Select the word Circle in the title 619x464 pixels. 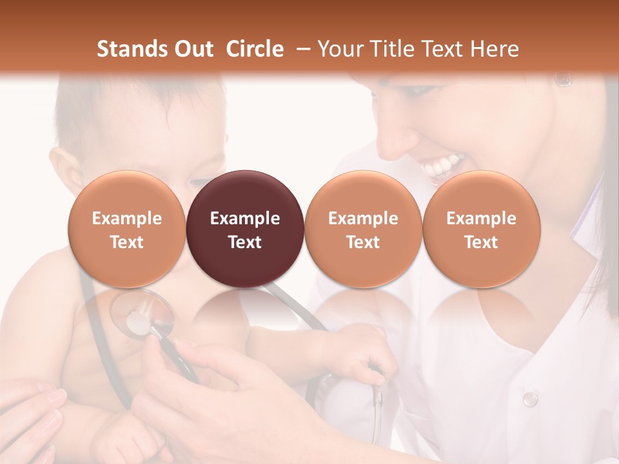(255, 49)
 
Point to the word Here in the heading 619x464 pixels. (495, 49)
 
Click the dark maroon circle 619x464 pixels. (244, 229)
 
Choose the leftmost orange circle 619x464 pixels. (126, 229)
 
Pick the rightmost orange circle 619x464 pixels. (481, 229)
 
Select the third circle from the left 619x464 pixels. (363, 229)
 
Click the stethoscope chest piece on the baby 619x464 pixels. (141, 316)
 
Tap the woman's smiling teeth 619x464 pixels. (442, 167)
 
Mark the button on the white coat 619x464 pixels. (529, 399)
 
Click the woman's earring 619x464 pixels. (563, 80)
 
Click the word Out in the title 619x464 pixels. (194, 49)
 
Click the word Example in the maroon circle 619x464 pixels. (244, 218)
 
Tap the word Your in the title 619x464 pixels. (338, 49)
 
